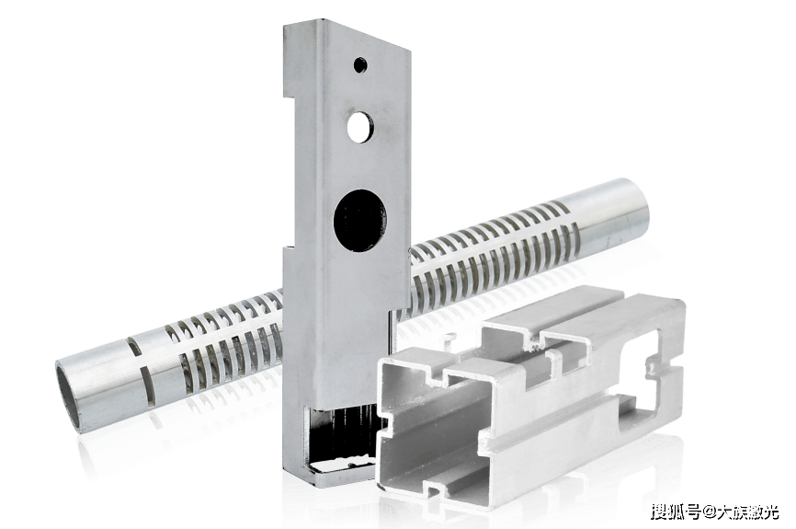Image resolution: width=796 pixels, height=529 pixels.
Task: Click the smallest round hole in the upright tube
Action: click(360, 65)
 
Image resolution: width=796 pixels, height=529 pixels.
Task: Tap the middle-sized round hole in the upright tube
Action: click(360, 126)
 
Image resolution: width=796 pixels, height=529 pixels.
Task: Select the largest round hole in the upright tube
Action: click(360, 221)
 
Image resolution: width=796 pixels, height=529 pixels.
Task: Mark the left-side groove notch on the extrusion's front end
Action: click(385, 426)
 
